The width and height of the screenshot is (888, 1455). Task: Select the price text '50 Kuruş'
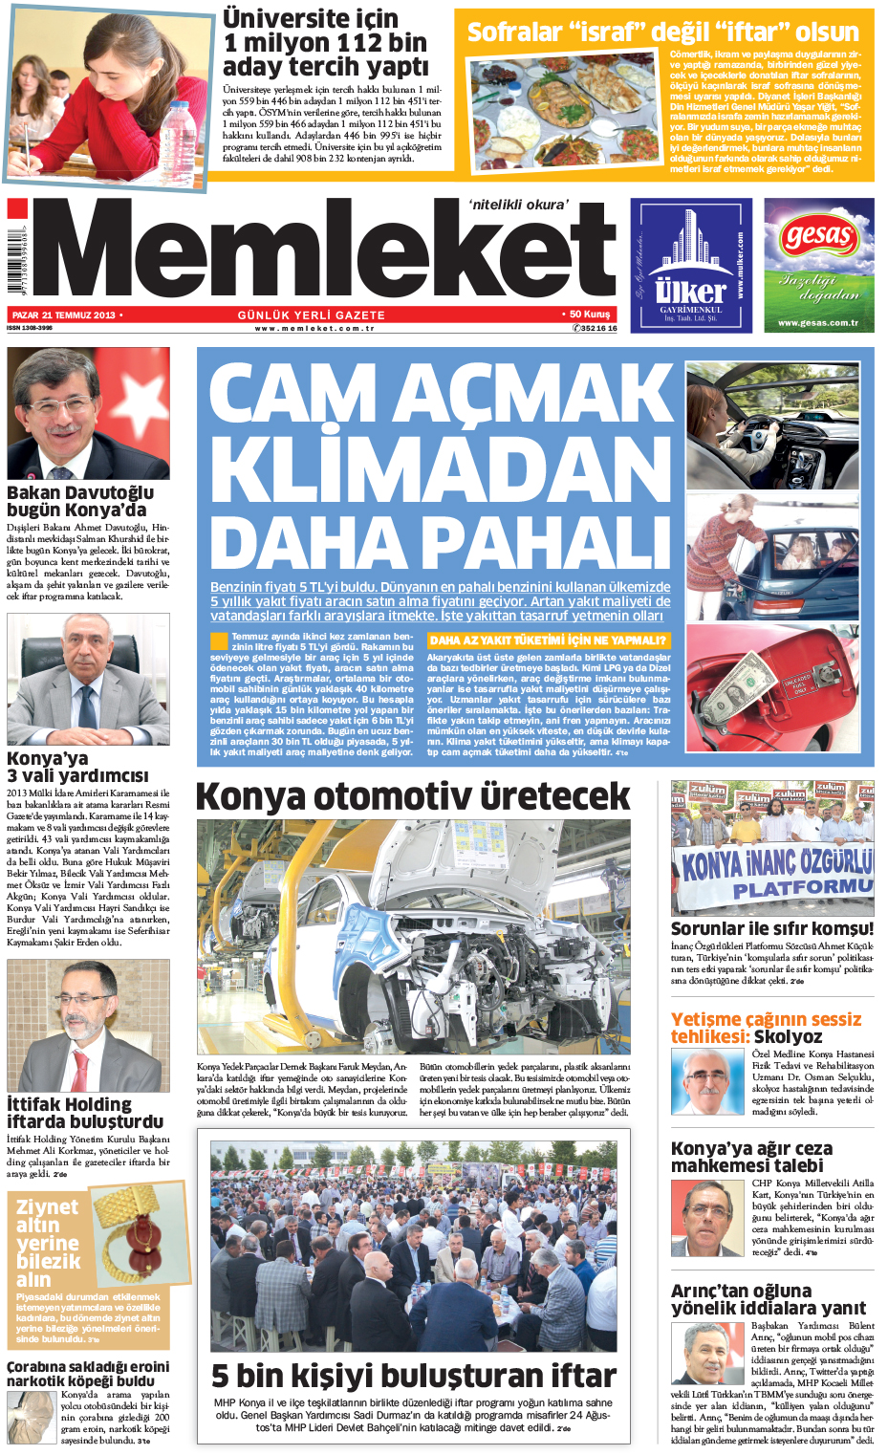[589, 315]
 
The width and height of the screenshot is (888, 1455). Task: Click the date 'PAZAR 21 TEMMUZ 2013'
[64, 315]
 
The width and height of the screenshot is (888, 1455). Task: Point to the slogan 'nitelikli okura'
[519, 204]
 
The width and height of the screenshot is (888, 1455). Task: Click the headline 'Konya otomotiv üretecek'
[413, 796]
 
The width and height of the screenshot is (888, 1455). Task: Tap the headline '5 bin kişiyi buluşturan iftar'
[414, 1376]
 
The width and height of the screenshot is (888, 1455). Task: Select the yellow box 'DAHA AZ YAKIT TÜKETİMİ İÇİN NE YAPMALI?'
[548, 641]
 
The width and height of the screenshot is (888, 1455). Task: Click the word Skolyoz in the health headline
[788, 1036]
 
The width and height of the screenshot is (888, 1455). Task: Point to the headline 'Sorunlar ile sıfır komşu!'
[771, 928]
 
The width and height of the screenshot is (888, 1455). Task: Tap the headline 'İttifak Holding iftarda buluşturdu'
[85, 1113]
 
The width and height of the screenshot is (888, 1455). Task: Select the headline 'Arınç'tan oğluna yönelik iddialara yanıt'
[768, 1299]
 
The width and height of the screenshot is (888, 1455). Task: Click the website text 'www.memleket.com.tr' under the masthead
[314, 328]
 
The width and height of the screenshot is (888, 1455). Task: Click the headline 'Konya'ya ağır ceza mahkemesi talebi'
[751, 1157]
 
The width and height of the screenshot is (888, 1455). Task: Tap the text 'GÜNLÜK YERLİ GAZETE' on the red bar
[312, 315]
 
